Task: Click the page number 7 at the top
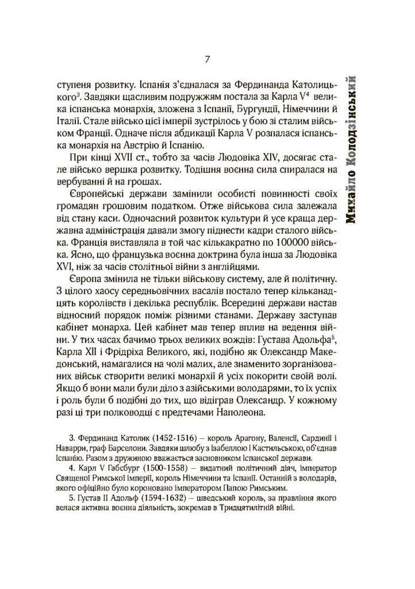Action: pos(207,59)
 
